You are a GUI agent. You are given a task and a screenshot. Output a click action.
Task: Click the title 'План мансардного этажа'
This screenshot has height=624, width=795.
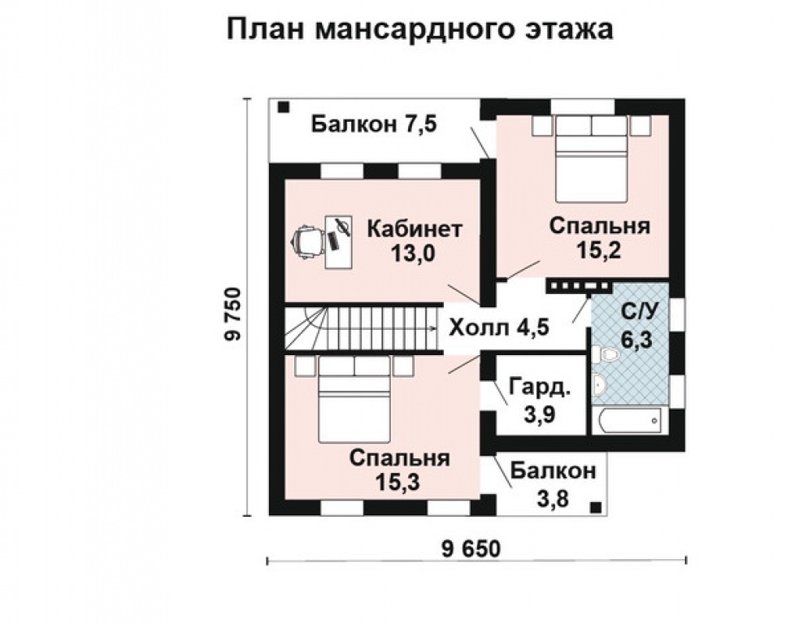tap(419, 29)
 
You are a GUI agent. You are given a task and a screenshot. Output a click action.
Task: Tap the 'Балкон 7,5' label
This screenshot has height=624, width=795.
tap(374, 124)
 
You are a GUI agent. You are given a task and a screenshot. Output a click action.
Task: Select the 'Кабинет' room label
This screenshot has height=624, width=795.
tap(415, 229)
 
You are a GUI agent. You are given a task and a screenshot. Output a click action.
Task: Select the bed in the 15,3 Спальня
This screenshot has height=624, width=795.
tap(354, 399)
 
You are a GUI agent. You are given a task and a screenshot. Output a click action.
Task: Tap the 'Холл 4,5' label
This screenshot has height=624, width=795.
tap(499, 327)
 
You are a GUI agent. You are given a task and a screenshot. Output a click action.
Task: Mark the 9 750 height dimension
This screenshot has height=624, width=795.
tap(233, 314)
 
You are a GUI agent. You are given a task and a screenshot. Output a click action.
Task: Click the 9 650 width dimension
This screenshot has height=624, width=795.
tap(471, 549)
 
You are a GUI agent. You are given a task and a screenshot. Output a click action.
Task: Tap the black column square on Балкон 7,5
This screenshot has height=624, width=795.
tap(284, 107)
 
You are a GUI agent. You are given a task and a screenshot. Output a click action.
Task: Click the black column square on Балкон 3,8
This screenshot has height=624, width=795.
tap(597, 507)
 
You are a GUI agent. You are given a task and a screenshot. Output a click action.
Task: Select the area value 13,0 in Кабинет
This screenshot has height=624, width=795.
tap(413, 253)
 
